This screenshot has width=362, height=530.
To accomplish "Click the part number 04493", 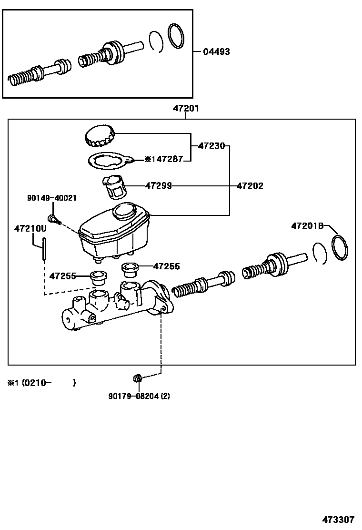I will coord(217,51).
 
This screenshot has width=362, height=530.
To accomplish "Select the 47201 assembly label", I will coord(186,109).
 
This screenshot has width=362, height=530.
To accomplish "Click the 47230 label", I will coord(211,146).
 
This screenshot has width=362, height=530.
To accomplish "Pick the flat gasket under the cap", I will coord(109,161).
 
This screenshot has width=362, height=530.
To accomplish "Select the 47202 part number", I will coord(250,186).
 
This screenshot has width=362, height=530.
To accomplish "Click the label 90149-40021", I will coord(51,198).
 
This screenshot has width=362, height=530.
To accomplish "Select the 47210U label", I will coord(30,228).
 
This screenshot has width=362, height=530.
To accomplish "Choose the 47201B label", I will coord(307,225).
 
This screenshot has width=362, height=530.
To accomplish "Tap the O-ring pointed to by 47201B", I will coord(339,248).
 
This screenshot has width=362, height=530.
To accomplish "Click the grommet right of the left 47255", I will coord(99,276).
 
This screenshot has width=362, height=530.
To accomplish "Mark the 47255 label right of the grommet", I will coord(167,266).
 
